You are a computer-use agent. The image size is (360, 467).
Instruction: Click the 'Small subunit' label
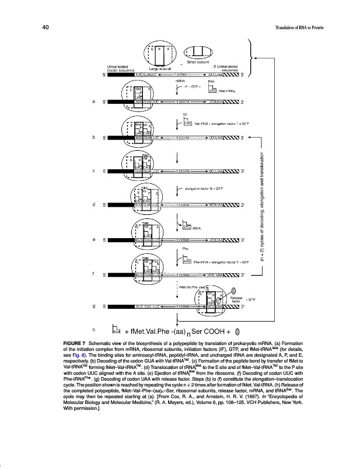point(198,62)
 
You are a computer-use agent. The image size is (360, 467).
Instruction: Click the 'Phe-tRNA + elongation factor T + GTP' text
point(225,262)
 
